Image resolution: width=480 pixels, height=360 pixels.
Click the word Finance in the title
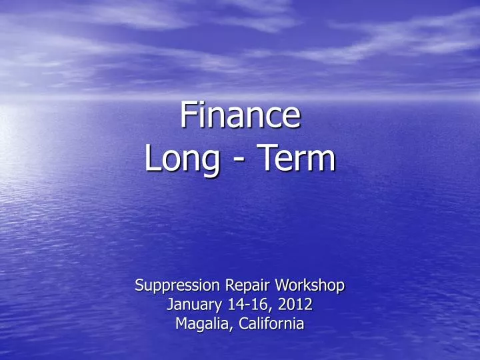240,115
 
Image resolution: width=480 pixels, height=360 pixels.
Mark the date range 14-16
243,305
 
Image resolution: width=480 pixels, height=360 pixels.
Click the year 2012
295,305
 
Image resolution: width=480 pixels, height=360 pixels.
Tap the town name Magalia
199,325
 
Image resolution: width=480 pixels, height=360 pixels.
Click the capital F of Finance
189,115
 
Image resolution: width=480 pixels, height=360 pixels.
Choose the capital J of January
169,305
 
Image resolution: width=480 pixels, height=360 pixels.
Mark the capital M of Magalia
180,325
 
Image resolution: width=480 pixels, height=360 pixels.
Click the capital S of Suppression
139,285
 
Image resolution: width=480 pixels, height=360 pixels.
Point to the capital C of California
237,325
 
